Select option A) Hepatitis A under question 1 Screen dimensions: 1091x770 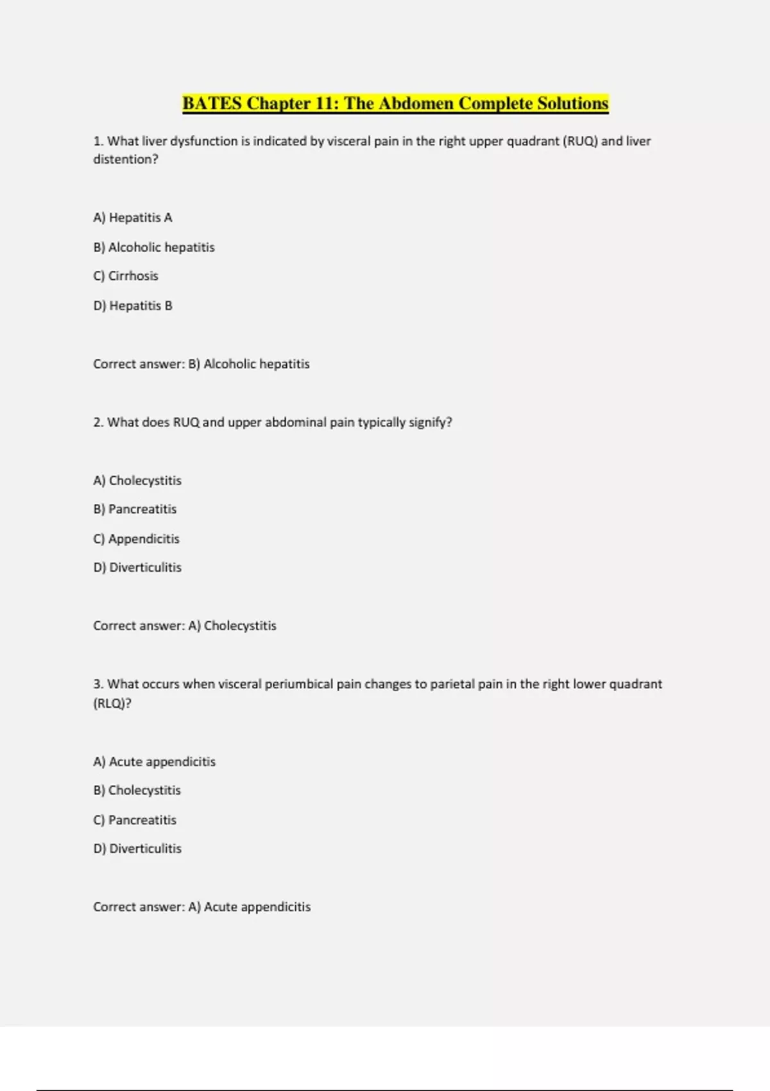click(x=133, y=218)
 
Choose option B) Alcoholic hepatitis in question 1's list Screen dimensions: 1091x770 click(x=154, y=247)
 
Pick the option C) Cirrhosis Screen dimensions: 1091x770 click(x=126, y=276)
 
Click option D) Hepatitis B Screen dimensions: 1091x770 click(x=133, y=305)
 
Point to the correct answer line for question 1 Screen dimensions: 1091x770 click(x=201, y=364)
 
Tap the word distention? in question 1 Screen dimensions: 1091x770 click(x=126, y=159)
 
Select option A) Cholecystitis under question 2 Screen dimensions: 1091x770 click(x=137, y=481)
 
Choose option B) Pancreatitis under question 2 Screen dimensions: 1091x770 click(x=135, y=509)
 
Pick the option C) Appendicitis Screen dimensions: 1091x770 click(x=136, y=538)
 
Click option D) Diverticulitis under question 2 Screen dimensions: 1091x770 click(x=137, y=567)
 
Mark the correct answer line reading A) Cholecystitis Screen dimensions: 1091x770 click(x=185, y=626)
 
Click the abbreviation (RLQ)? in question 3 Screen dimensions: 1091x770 click(x=112, y=703)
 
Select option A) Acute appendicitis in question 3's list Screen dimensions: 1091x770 click(x=155, y=762)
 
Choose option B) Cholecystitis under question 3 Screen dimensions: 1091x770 click(x=137, y=790)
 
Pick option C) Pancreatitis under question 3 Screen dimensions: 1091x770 click(x=135, y=820)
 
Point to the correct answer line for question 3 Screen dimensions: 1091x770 click(x=202, y=907)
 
